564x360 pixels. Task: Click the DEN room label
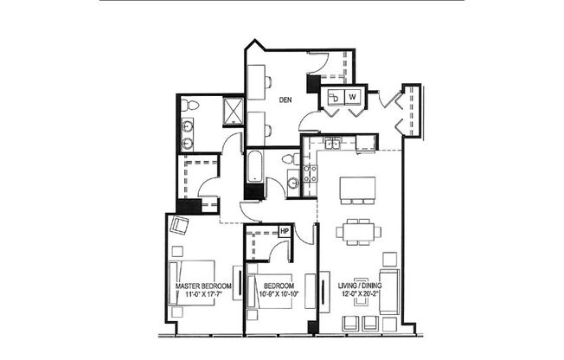[x=285, y=100]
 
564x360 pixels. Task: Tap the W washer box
[x=354, y=97]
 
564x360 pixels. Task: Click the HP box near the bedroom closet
[x=284, y=231]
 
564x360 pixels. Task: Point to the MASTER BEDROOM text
[x=203, y=286]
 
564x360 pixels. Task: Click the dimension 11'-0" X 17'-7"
[x=203, y=295]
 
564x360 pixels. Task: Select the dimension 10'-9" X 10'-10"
[x=279, y=295]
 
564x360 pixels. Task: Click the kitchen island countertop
[x=358, y=188]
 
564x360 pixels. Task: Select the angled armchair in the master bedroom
[x=180, y=227]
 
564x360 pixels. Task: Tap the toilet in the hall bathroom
[x=291, y=159]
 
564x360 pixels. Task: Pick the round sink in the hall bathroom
[x=292, y=183]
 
